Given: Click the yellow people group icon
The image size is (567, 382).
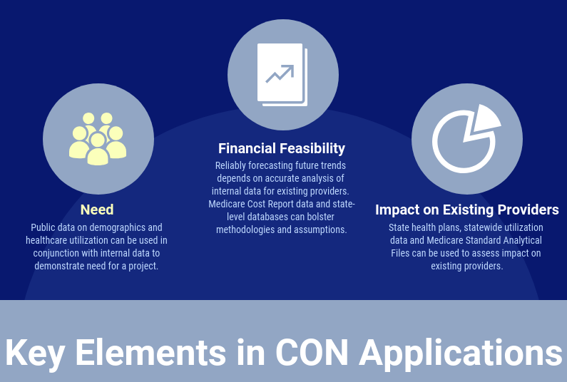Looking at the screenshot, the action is (98, 139).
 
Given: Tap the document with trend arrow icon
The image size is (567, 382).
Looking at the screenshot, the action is (282, 74).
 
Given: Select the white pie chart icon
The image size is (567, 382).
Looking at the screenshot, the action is (466, 139).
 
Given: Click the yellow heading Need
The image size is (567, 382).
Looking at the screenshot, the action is (97, 210).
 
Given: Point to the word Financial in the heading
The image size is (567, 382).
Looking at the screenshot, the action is (247, 148).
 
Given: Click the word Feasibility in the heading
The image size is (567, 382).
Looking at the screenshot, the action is (313, 148).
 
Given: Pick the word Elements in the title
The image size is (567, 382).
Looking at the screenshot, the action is (150, 352).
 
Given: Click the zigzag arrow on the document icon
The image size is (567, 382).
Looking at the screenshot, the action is (280, 73).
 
